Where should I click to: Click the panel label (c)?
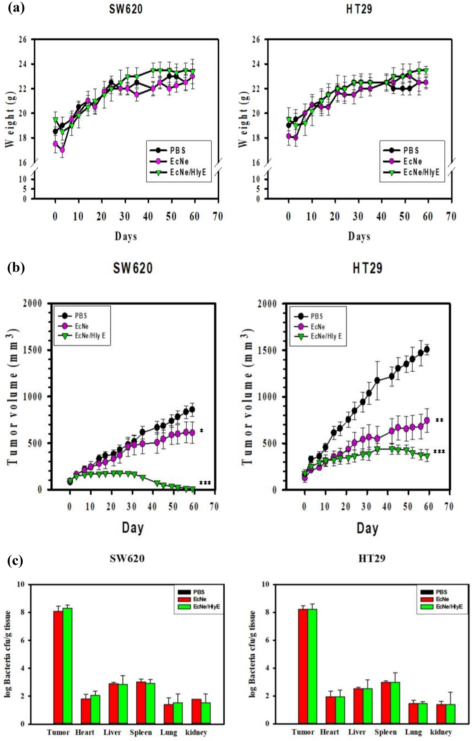pos(15,561)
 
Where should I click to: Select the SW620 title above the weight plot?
pos(126,9)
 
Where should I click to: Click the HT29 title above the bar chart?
pos(372,558)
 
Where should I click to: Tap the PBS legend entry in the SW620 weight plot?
pos(178,150)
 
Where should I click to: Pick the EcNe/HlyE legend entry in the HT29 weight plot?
pos(421,172)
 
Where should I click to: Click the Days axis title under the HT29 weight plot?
pos(359,236)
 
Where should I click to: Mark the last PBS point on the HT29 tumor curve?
pos(426,350)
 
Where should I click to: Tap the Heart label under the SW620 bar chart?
pos(85,732)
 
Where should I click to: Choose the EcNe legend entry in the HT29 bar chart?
pos(442,599)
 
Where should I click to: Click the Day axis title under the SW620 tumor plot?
pos(133,528)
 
